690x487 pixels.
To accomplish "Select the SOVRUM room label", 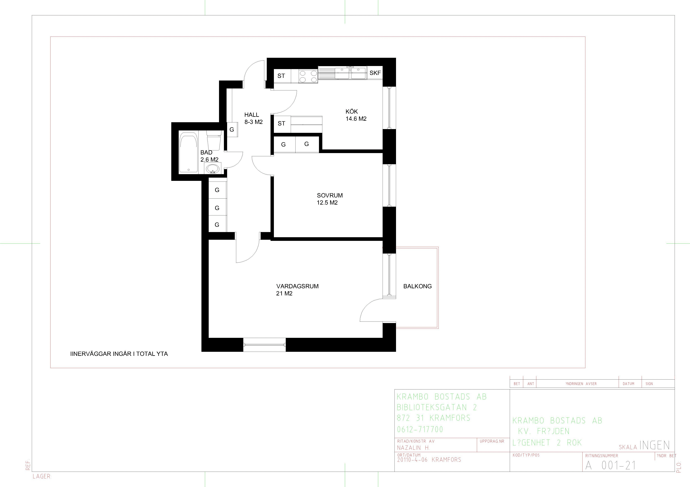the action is pyautogui.click(x=330, y=195).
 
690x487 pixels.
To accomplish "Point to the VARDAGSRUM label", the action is pyautogui.click(x=297, y=286).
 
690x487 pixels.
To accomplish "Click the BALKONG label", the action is pyautogui.click(x=417, y=286).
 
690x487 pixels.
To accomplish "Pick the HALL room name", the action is pyautogui.click(x=252, y=115).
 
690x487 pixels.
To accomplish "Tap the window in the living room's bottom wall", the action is pyautogui.click(x=264, y=345).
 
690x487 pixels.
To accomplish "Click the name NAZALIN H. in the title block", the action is pyautogui.click(x=413, y=448).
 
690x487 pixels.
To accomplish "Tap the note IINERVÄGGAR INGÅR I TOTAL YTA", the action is pyautogui.click(x=119, y=354).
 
